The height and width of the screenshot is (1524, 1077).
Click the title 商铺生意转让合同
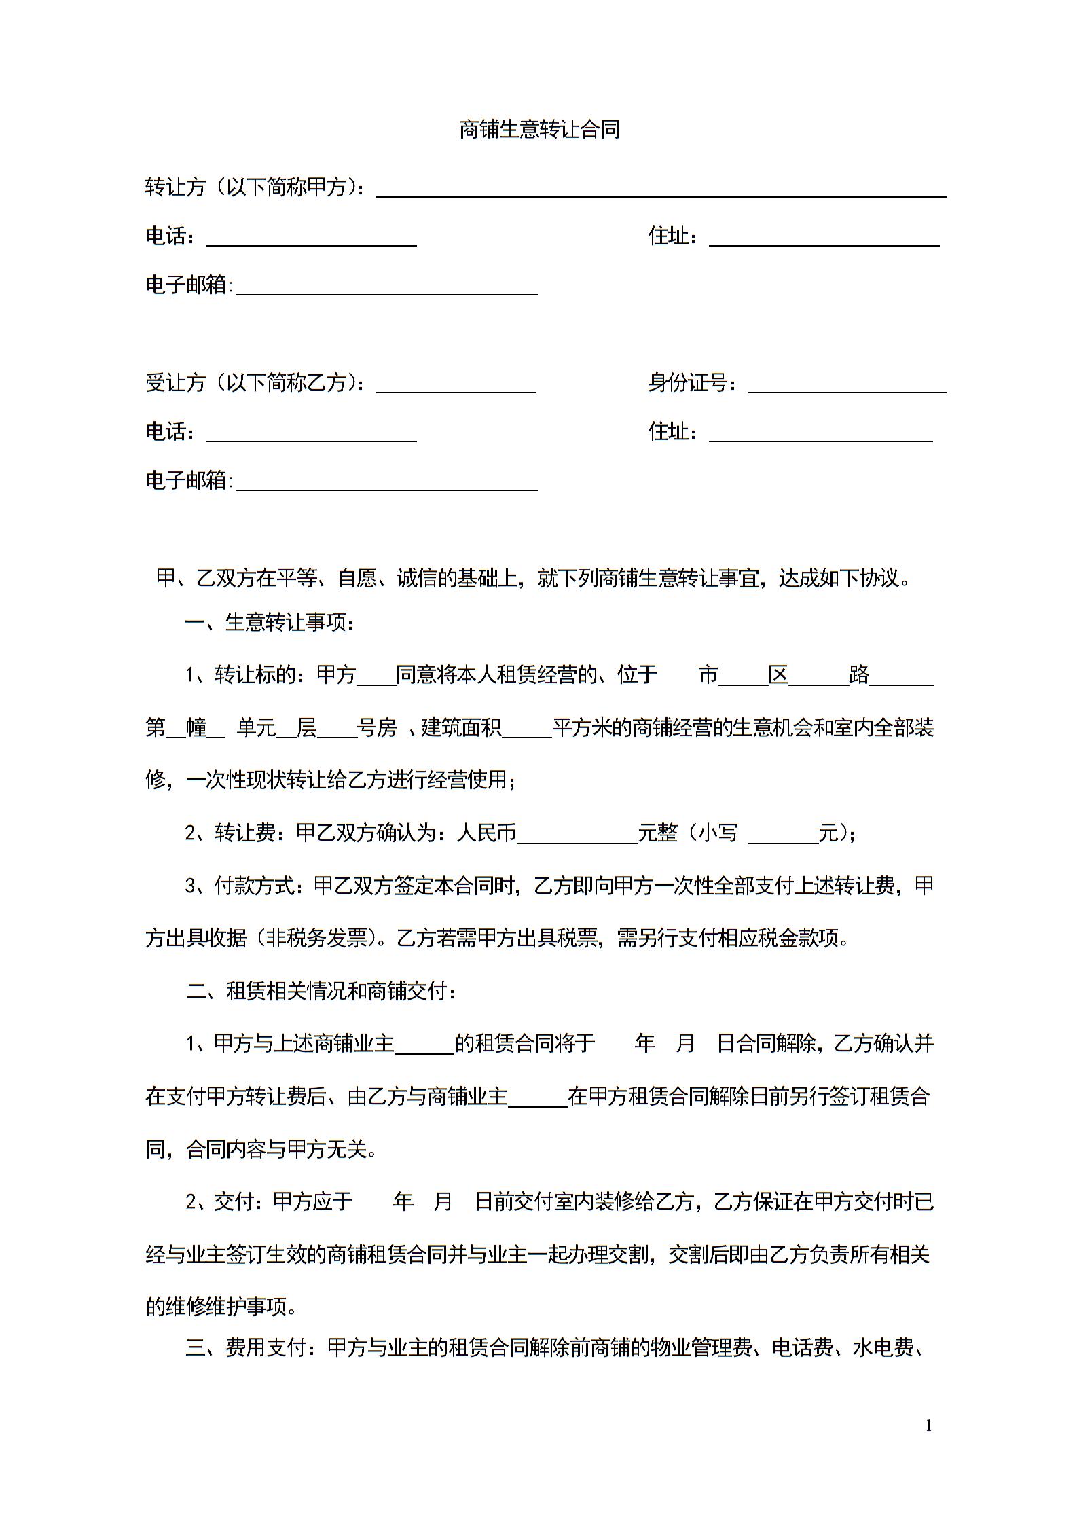point(539,129)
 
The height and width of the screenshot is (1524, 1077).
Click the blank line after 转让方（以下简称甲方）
point(661,190)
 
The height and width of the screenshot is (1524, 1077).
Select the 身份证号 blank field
point(847,386)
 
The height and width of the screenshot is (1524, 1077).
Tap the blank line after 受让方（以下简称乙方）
point(456,386)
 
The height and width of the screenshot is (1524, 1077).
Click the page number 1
point(928,1426)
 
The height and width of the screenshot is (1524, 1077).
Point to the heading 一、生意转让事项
point(270,621)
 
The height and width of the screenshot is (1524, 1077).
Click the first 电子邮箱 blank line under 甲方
point(386,288)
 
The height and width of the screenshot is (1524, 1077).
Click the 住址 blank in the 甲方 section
point(824,239)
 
